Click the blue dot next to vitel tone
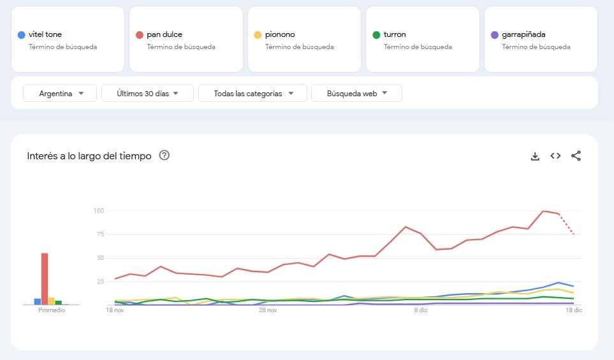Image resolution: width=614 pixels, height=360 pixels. pos(22,34)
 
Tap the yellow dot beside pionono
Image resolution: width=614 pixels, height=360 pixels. pos(258,34)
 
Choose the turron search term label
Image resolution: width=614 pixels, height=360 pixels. pos(395,34)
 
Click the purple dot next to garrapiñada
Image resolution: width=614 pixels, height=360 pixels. pos(494,34)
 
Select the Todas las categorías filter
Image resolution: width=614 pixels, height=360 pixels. pos(253,93)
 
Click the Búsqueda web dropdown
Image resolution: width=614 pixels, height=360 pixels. pos(356,93)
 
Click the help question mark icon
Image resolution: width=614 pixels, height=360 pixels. pos(164,155)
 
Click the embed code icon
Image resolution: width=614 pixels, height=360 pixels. pos(555,155)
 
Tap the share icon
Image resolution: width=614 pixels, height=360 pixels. pos(576,155)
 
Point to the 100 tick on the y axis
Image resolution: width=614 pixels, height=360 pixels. pos(98,211)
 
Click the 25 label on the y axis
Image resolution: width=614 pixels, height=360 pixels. pos(99,281)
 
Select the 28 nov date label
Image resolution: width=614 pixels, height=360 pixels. pos(268,311)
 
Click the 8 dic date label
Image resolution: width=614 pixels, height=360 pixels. pos(421,311)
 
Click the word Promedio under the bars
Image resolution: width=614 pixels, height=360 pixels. pos(51,310)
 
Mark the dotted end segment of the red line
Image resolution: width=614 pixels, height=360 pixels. pos(567,224)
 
